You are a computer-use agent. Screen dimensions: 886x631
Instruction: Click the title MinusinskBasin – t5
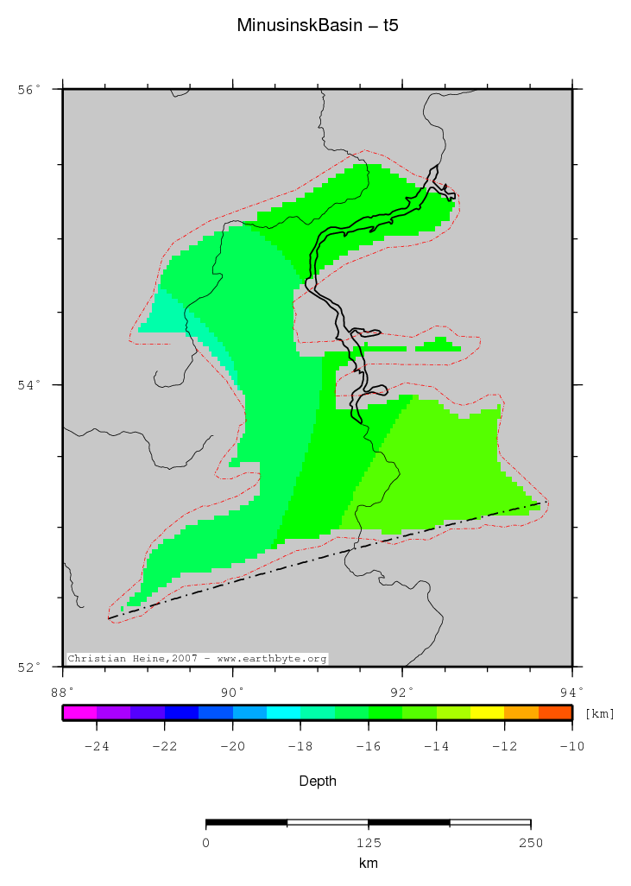click(317, 26)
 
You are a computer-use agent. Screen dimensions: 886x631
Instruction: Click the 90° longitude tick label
click(231, 691)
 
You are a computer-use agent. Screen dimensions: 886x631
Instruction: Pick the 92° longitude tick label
click(401, 691)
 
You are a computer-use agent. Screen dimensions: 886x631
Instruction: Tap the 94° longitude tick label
click(571, 691)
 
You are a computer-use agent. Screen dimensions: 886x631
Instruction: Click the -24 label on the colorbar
click(96, 747)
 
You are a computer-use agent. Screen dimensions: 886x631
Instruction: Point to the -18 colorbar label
click(300, 747)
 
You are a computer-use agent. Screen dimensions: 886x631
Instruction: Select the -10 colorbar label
click(571, 747)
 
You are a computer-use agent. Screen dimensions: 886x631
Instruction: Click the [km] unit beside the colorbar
click(600, 713)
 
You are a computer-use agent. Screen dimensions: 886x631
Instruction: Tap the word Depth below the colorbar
click(317, 782)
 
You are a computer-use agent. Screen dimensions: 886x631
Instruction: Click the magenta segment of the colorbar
click(79, 712)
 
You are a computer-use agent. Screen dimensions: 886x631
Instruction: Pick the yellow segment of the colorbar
click(487, 712)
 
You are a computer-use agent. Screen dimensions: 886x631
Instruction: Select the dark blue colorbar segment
click(181, 712)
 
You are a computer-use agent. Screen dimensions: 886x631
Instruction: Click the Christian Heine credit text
click(198, 658)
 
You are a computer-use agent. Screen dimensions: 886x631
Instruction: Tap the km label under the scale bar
click(368, 864)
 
